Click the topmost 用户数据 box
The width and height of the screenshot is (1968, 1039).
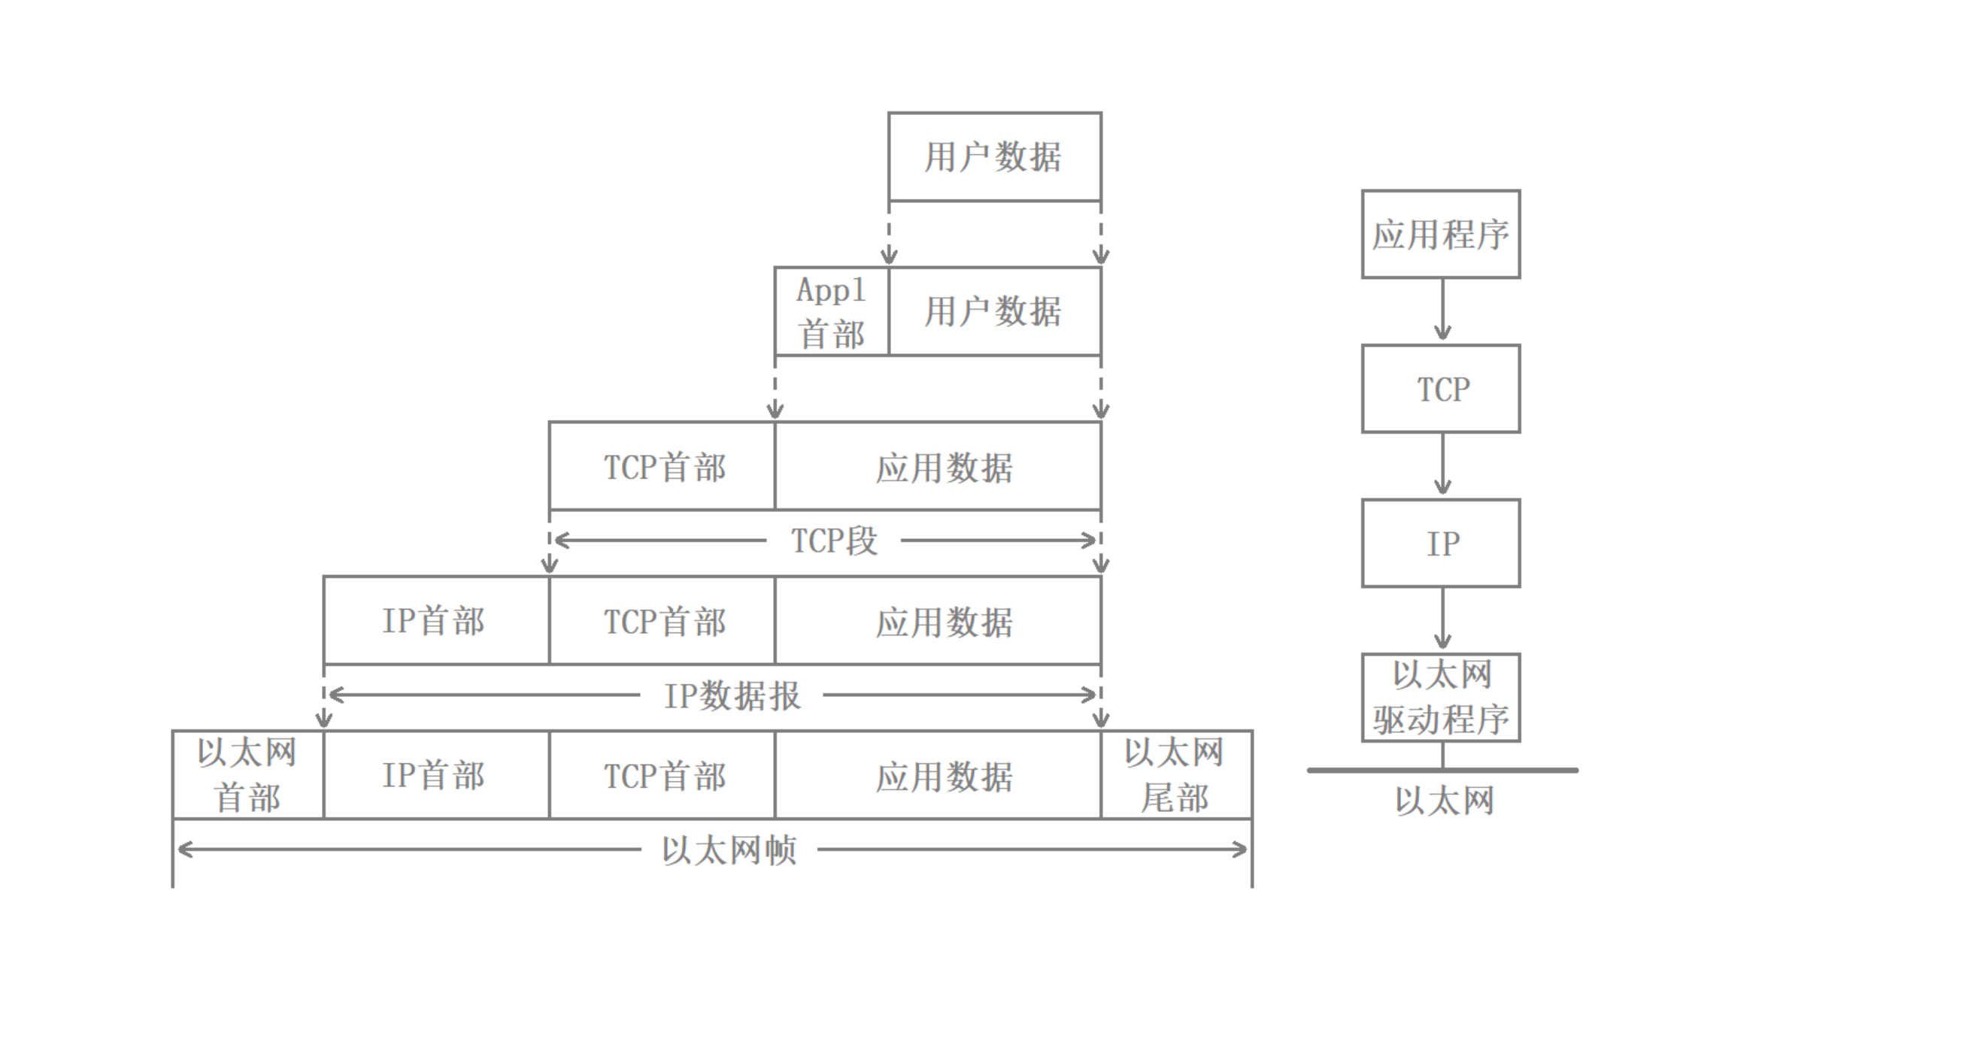(994, 156)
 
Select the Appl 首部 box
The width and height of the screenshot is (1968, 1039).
(831, 311)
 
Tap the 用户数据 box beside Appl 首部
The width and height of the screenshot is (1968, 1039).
(994, 311)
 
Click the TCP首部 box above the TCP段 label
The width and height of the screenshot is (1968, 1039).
(662, 466)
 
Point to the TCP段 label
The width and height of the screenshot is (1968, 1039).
(833, 541)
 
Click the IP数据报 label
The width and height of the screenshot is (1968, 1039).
(732, 695)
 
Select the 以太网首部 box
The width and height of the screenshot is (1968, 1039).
(247, 774)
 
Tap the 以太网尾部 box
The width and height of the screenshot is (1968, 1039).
(1175, 774)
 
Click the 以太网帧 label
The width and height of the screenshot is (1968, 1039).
(729, 850)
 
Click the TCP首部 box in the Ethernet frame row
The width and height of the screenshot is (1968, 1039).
(662, 774)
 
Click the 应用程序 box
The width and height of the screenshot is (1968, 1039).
(1441, 234)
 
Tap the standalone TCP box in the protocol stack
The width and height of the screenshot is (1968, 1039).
(1441, 389)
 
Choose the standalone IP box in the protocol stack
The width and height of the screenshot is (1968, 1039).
(1441, 544)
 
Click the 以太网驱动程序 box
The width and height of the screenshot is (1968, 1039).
(1441, 698)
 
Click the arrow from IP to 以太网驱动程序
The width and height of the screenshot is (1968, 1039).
(1442, 619)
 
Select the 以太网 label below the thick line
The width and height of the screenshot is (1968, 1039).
(1444, 801)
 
